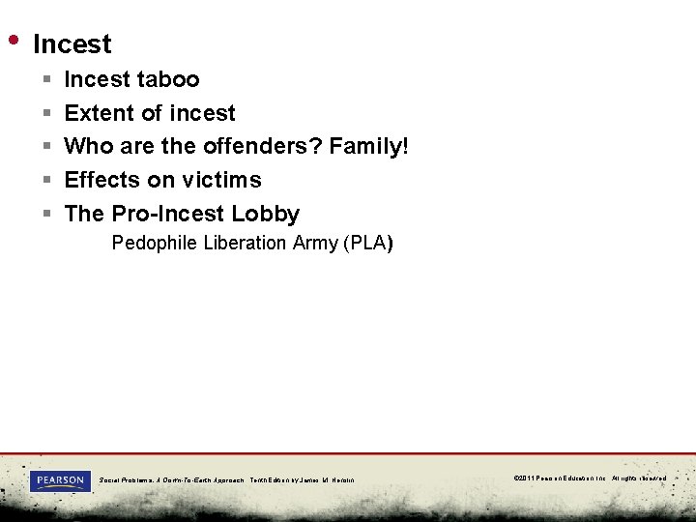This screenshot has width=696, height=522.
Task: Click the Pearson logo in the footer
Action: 60,480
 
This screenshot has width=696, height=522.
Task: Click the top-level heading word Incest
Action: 72,44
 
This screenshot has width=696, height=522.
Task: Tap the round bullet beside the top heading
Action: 14,40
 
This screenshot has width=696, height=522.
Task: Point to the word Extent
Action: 100,113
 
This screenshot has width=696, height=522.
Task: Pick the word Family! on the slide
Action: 369,147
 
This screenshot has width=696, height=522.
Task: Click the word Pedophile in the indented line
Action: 154,243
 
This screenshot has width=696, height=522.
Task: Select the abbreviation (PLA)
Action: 367,243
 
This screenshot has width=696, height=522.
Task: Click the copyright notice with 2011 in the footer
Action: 590,478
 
